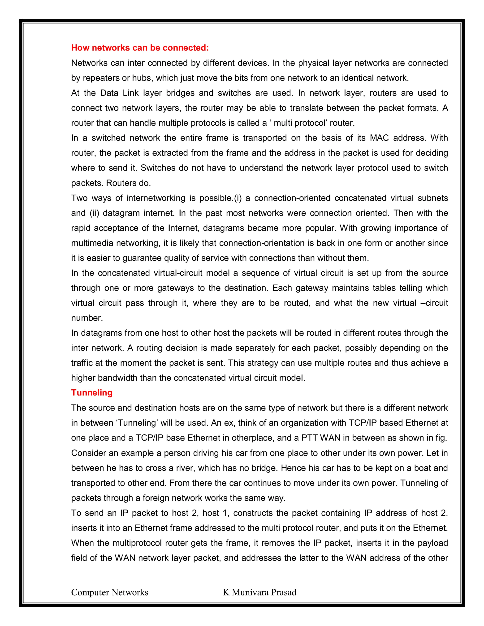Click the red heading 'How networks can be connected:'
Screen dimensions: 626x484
point(140,47)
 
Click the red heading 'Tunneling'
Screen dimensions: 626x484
point(92,392)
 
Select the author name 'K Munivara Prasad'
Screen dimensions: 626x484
point(259,592)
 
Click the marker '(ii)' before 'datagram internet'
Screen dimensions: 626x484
point(94,213)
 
